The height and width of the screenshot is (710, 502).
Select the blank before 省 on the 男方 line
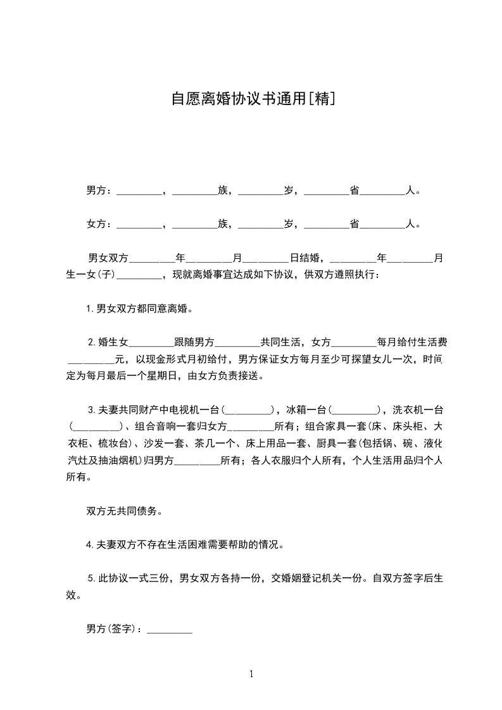click(327, 191)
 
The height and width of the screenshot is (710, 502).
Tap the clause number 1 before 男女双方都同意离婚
click(89, 309)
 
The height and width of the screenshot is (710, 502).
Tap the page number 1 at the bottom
click(251, 674)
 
